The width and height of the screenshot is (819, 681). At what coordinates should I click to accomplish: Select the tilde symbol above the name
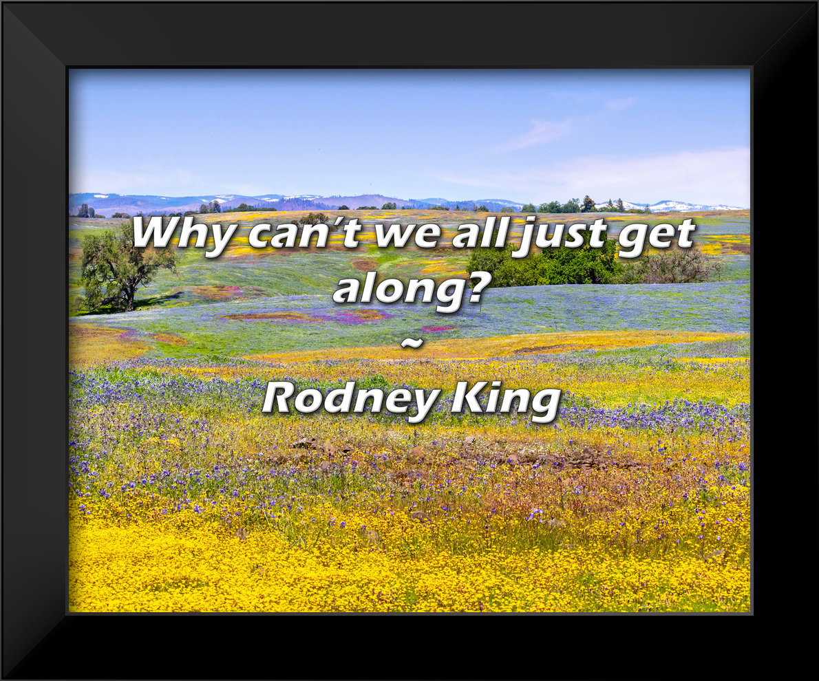(411, 342)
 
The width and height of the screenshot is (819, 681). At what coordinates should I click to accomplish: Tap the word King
(506, 399)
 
